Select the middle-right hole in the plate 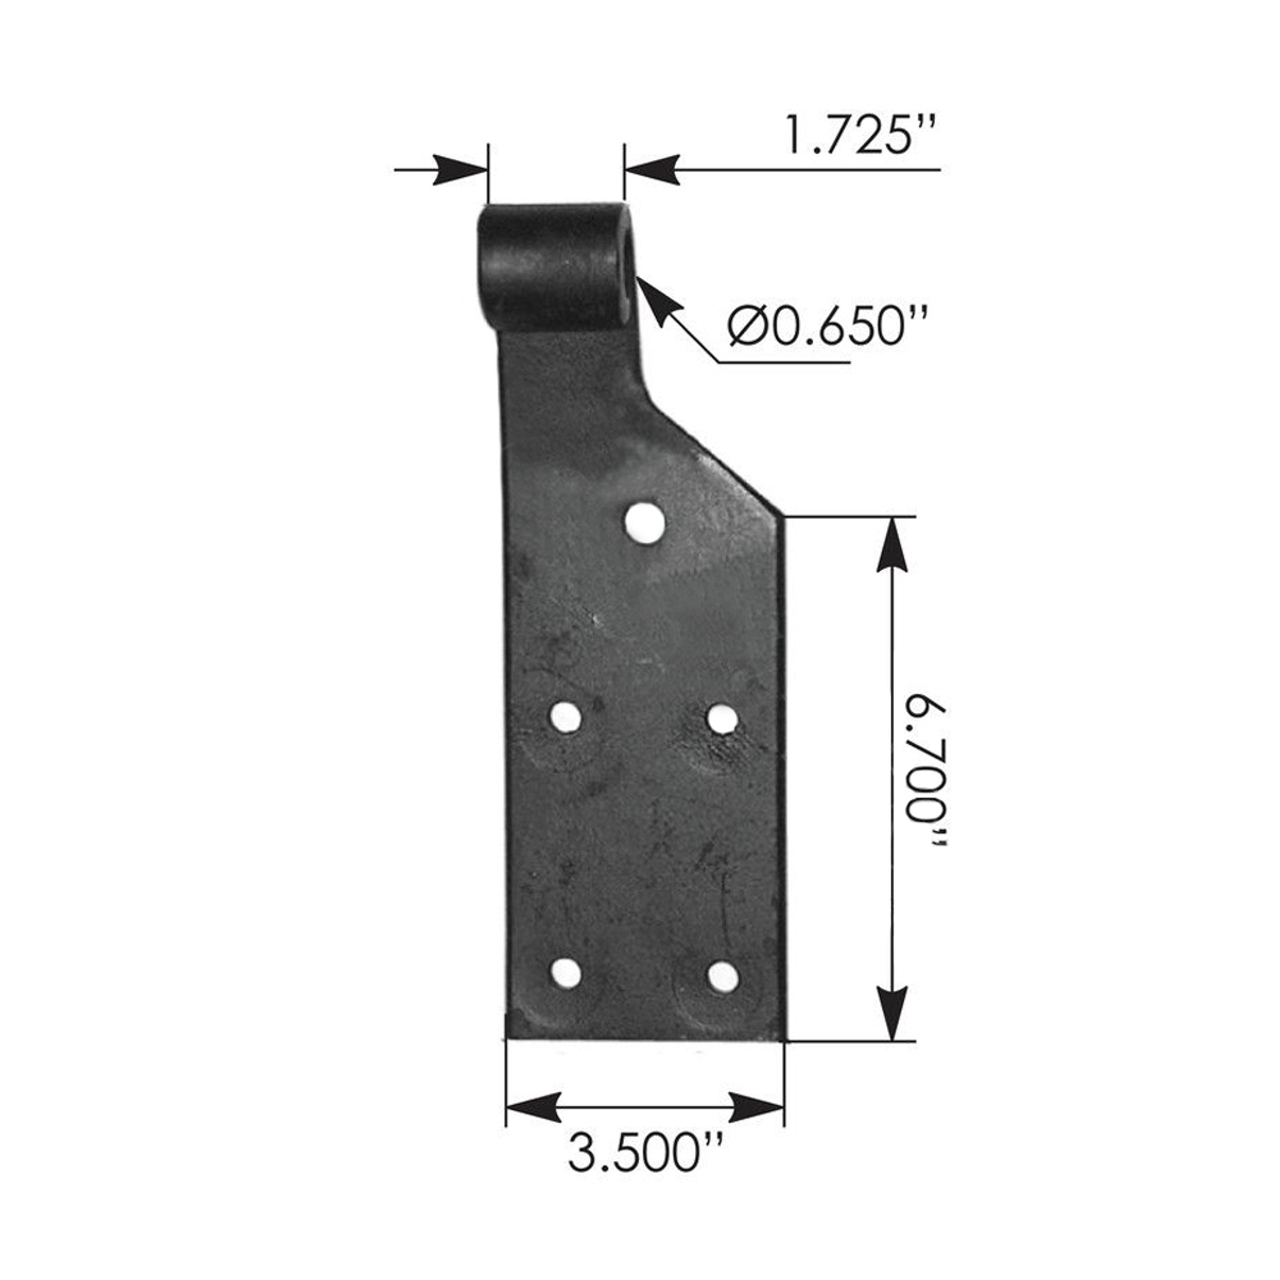722,717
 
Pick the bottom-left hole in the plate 566,974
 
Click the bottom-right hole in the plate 723,976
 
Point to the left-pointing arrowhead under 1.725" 652,169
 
